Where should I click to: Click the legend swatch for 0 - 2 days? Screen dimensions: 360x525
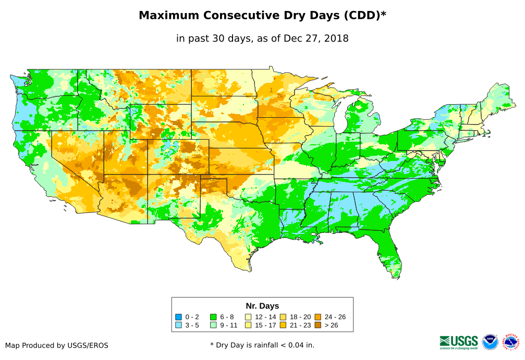[x=179, y=317]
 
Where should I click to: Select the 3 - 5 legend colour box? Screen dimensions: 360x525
[x=179, y=325]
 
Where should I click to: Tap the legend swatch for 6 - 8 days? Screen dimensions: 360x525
[x=213, y=317]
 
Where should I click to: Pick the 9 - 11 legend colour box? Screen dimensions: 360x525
[x=213, y=325]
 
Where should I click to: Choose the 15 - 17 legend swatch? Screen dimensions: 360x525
[x=248, y=325]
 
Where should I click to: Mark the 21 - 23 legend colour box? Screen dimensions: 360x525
[x=283, y=325]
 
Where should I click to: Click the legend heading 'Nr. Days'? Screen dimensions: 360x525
[x=262, y=306]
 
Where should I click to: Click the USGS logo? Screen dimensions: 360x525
[x=459, y=341]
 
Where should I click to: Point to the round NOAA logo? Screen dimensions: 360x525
[x=490, y=342]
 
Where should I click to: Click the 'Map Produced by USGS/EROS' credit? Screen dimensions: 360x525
[x=57, y=345]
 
